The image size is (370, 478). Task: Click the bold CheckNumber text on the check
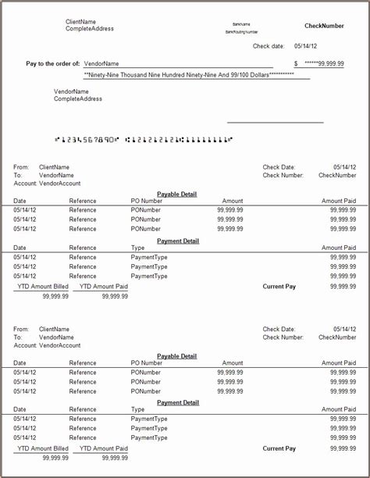click(324, 26)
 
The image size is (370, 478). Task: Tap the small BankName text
click(241, 25)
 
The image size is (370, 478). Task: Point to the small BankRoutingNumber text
click(241, 32)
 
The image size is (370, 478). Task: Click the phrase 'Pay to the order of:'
click(53, 63)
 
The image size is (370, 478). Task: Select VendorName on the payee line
click(101, 63)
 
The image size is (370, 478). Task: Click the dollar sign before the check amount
click(296, 63)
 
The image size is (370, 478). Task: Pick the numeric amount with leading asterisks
click(325, 63)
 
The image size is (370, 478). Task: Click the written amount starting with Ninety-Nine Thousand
click(188, 74)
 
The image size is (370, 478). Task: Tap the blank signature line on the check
click(275, 122)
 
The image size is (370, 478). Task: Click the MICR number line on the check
click(144, 140)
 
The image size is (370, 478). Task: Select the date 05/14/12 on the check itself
click(305, 46)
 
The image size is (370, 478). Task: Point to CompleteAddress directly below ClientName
click(90, 29)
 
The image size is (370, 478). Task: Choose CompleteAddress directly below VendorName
click(78, 99)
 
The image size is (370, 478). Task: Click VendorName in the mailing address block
click(71, 92)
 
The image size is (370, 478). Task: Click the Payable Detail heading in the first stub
click(177, 194)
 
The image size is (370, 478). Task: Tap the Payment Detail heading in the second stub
click(178, 402)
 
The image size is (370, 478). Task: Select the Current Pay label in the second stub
click(279, 448)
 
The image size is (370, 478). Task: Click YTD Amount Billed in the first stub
click(43, 287)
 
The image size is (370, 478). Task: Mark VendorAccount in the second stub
click(59, 345)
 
